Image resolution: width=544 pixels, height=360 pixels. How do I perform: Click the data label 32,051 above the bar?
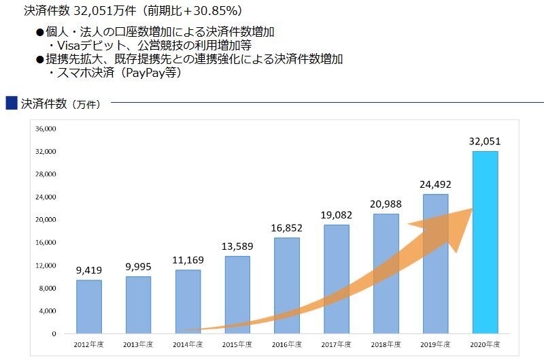click(484, 142)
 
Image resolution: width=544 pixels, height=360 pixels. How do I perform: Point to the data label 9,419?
click(88, 269)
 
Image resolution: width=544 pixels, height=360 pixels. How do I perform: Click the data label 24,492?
click(435, 184)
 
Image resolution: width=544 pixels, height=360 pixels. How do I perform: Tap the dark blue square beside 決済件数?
click(11, 103)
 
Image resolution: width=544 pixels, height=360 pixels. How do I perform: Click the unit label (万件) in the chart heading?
click(86, 104)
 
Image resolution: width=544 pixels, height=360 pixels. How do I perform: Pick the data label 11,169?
click(188, 260)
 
